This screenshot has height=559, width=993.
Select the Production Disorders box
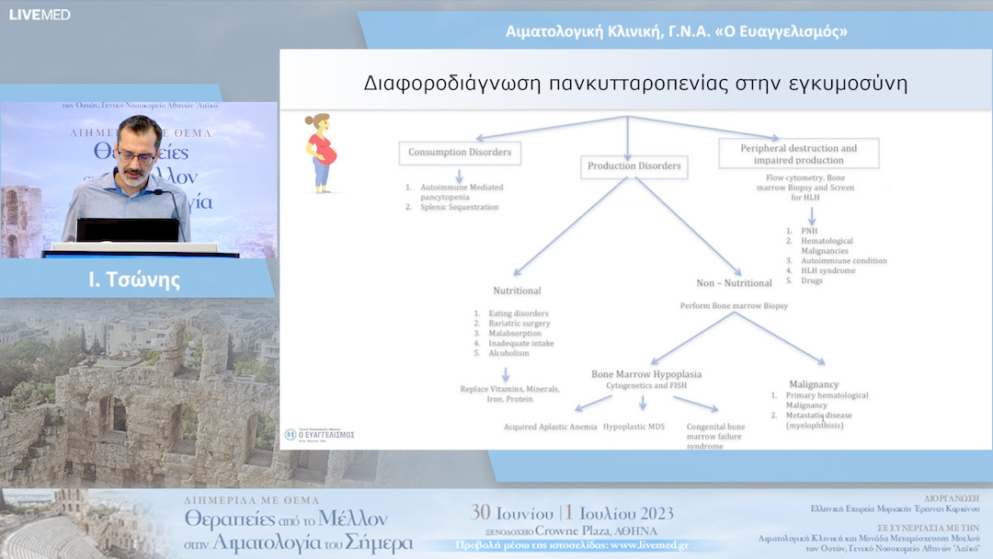click(x=634, y=166)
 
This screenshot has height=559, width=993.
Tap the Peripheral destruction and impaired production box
click(x=798, y=154)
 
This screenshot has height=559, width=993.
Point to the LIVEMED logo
click(x=39, y=14)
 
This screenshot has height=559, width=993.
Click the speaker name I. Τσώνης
click(x=134, y=279)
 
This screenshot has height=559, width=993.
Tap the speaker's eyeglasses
click(x=136, y=156)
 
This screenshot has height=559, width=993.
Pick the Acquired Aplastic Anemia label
click(x=550, y=428)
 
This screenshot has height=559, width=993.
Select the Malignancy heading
click(x=814, y=384)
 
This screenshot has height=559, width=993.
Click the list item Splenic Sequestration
click(x=457, y=207)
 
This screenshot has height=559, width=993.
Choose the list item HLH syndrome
click(x=827, y=270)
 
